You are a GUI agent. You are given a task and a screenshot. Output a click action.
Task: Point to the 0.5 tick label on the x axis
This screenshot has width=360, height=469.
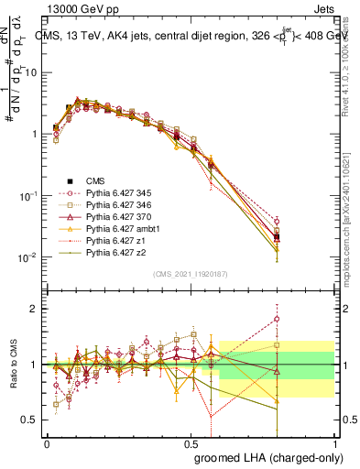click(191, 442)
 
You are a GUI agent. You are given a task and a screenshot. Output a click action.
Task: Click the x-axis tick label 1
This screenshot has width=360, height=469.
click(333, 442)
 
